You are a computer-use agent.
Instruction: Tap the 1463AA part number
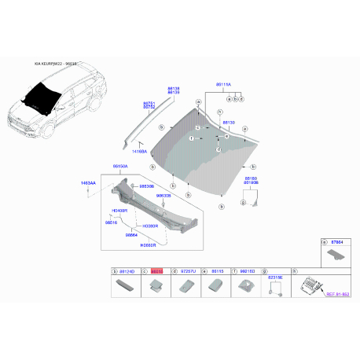click(88, 183)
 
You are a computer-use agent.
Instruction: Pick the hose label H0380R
click(150, 225)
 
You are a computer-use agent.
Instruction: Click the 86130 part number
click(227, 123)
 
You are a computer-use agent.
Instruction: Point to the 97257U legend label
click(186, 271)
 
